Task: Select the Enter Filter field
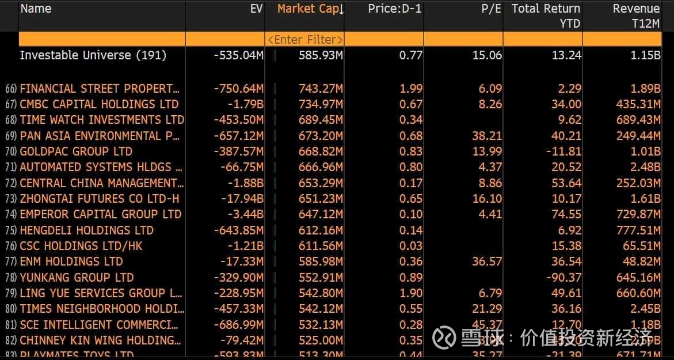[305, 39]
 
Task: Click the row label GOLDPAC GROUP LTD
[76, 151]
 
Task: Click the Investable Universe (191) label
[93, 55]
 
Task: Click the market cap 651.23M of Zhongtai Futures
[321, 199]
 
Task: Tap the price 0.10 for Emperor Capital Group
[410, 214]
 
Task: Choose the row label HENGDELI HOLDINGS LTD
[86, 230]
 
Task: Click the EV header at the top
[256, 9]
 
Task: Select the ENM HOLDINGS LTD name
[71, 262]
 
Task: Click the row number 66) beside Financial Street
[11, 89]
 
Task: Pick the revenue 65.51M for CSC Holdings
[641, 246]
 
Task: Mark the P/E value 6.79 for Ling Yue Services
[489, 293]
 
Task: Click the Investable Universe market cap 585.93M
[321, 55]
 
